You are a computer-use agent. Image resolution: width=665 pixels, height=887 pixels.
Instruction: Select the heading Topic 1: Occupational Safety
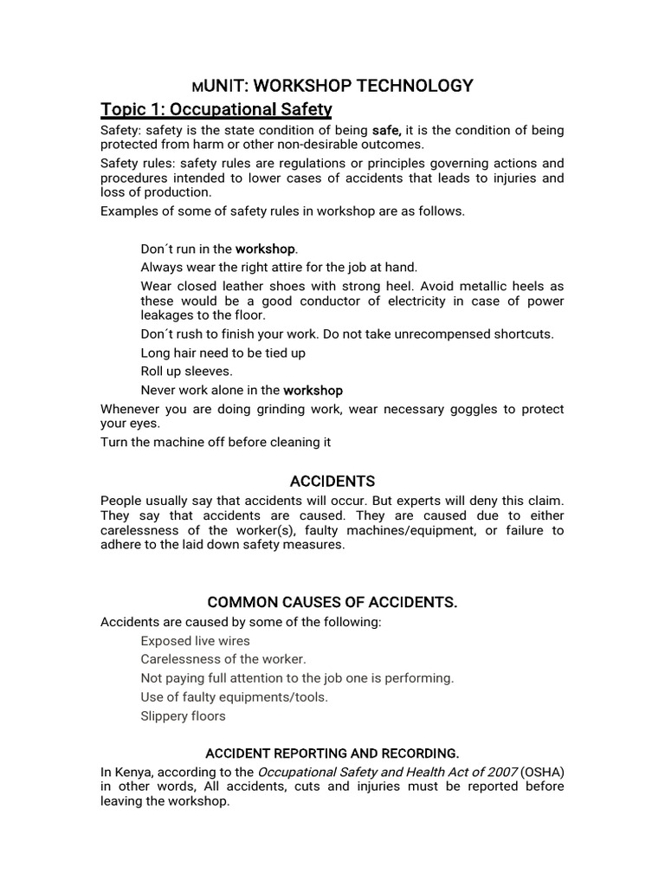pyautogui.click(x=216, y=109)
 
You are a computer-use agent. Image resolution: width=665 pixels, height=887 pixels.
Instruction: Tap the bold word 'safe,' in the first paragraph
pyautogui.click(x=387, y=130)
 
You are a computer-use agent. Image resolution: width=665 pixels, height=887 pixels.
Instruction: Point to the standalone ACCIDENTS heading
pyautogui.click(x=332, y=481)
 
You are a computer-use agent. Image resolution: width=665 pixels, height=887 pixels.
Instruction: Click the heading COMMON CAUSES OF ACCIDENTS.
pyautogui.click(x=332, y=602)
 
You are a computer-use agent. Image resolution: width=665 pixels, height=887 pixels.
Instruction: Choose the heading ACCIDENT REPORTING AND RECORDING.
pyautogui.click(x=332, y=753)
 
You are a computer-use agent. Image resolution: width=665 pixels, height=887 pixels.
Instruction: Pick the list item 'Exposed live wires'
pyautogui.click(x=195, y=641)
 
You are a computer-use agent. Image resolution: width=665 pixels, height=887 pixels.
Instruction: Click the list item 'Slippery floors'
pyautogui.click(x=183, y=715)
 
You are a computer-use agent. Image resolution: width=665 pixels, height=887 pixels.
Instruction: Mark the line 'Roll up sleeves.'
pyautogui.click(x=186, y=371)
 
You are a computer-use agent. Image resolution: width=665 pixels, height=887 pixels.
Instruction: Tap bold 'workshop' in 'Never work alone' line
pyautogui.click(x=313, y=390)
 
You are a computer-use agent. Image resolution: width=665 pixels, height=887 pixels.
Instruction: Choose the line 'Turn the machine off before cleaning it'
pyautogui.click(x=216, y=442)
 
